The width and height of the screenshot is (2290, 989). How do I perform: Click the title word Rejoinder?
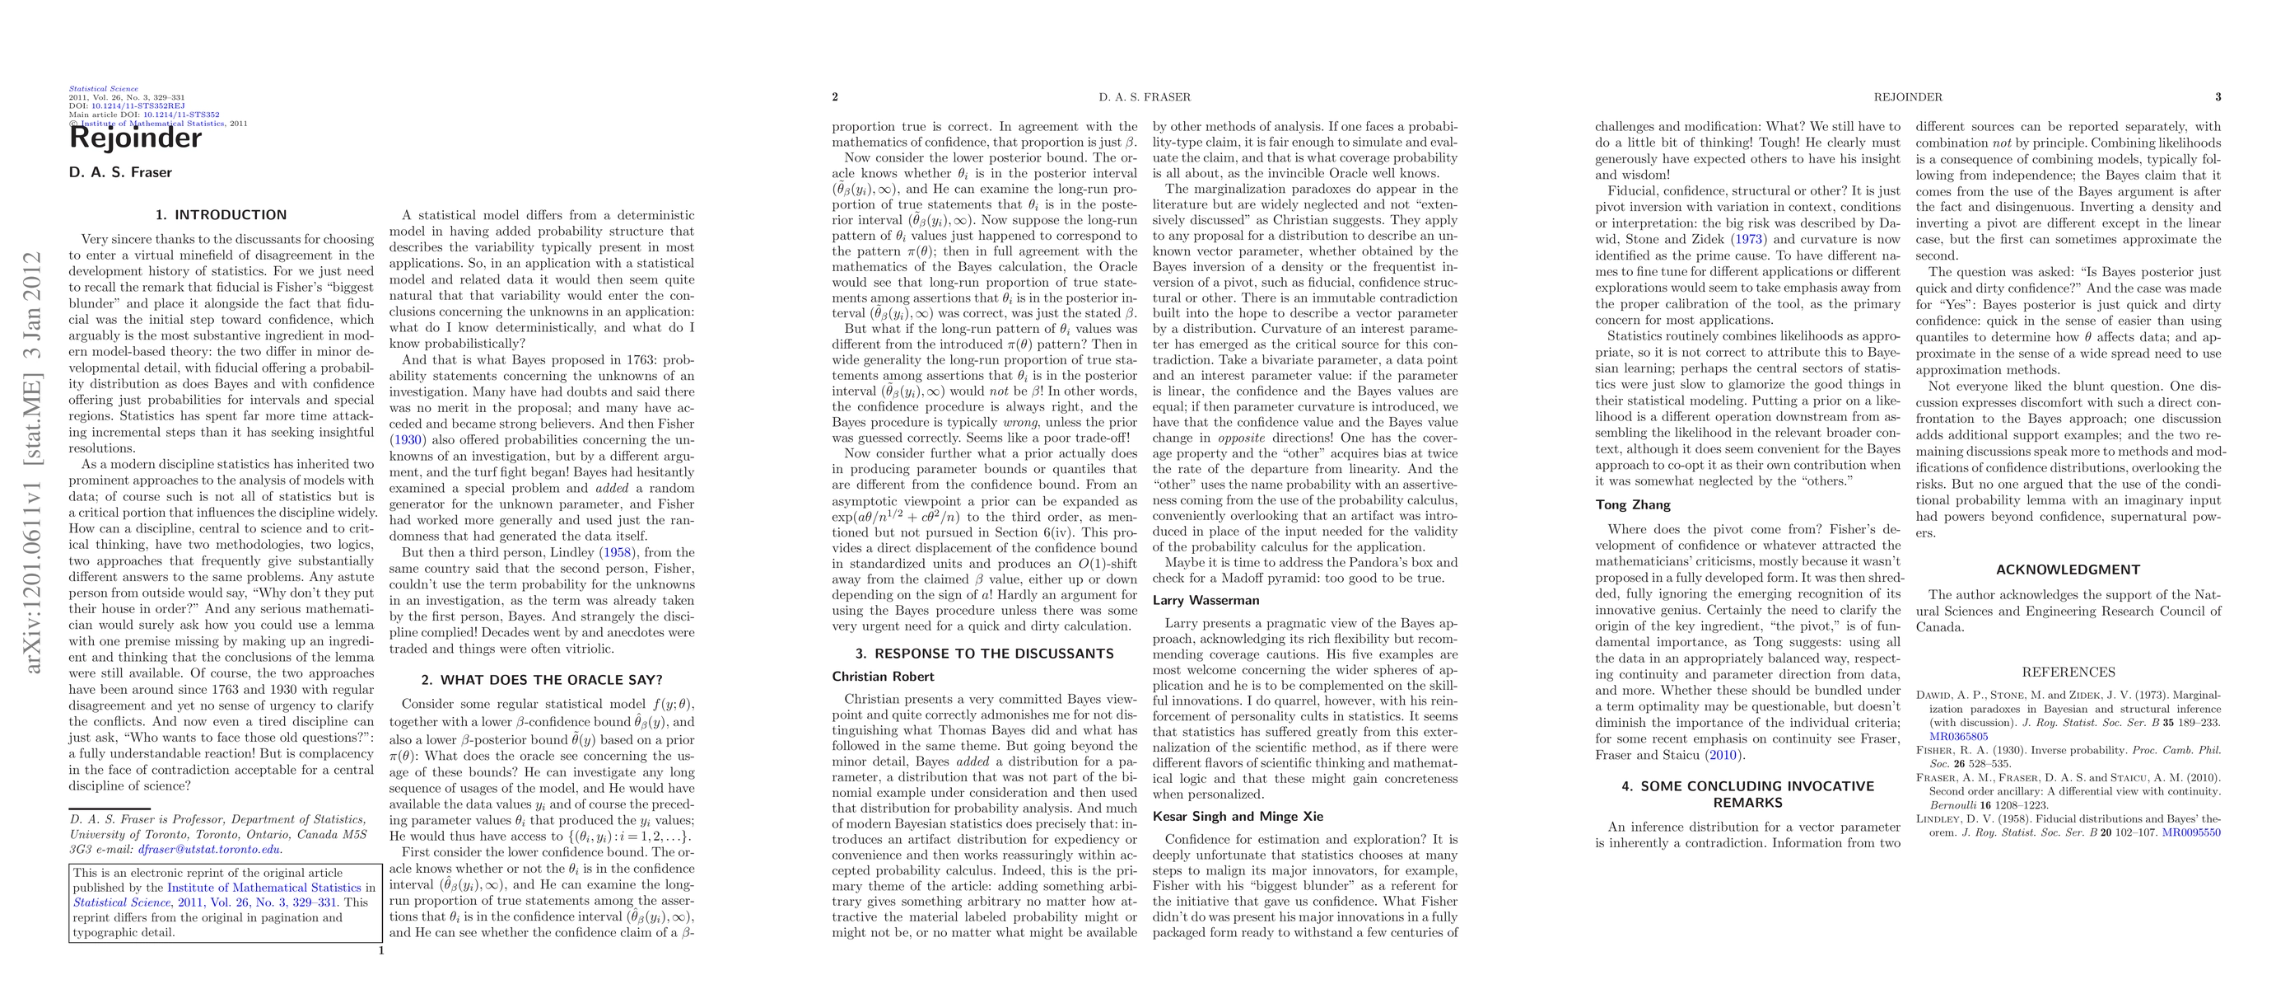pos(135,138)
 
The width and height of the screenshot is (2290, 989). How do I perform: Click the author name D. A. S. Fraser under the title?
pos(120,172)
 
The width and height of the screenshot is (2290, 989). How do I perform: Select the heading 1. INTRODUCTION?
pos(222,215)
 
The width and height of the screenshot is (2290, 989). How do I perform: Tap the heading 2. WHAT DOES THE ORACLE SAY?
pos(541,681)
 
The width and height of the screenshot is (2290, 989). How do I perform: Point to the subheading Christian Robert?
pos(882,677)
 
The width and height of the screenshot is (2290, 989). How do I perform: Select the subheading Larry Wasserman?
pos(1206,600)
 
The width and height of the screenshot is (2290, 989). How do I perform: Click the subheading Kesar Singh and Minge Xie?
pos(1238,817)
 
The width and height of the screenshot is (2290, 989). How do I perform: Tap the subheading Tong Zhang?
pos(1632,505)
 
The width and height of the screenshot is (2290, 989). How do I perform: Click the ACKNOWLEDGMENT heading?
pos(2068,570)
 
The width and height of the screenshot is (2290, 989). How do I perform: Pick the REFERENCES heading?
pos(2068,673)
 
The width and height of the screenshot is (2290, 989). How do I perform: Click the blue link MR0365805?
pos(1958,737)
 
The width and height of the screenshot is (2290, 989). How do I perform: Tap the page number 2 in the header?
pos(835,97)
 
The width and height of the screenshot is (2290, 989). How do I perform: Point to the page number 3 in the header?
pos(2218,97)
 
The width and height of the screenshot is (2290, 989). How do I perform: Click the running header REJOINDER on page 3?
pos(1908,97)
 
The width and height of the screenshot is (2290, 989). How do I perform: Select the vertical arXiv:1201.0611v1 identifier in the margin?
pos(33,462)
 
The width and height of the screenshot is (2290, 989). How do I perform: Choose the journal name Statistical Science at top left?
pos(103,89)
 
